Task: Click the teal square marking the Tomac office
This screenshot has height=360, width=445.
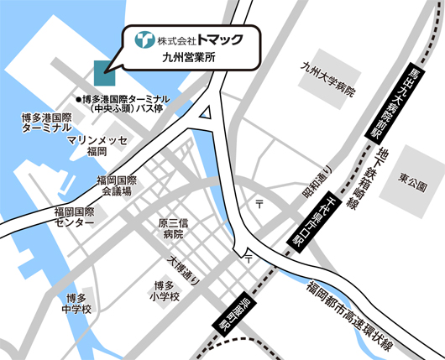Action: pyautogui.click(x=105, y=72)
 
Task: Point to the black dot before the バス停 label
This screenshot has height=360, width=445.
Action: pyautogui.click(x=76, y=97)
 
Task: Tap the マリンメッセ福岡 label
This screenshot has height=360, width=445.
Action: pyautogui.click(x=97, y=145)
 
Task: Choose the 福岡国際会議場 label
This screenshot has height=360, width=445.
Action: pyautogui.click(x=117, y=185)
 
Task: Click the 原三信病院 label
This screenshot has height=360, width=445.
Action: pyautogui.click(x=170, y=229)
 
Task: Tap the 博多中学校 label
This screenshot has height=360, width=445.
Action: pyautogui.click(x=76, y=305)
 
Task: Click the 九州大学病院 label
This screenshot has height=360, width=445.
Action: pyautogui.click(x=328, y=85)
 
